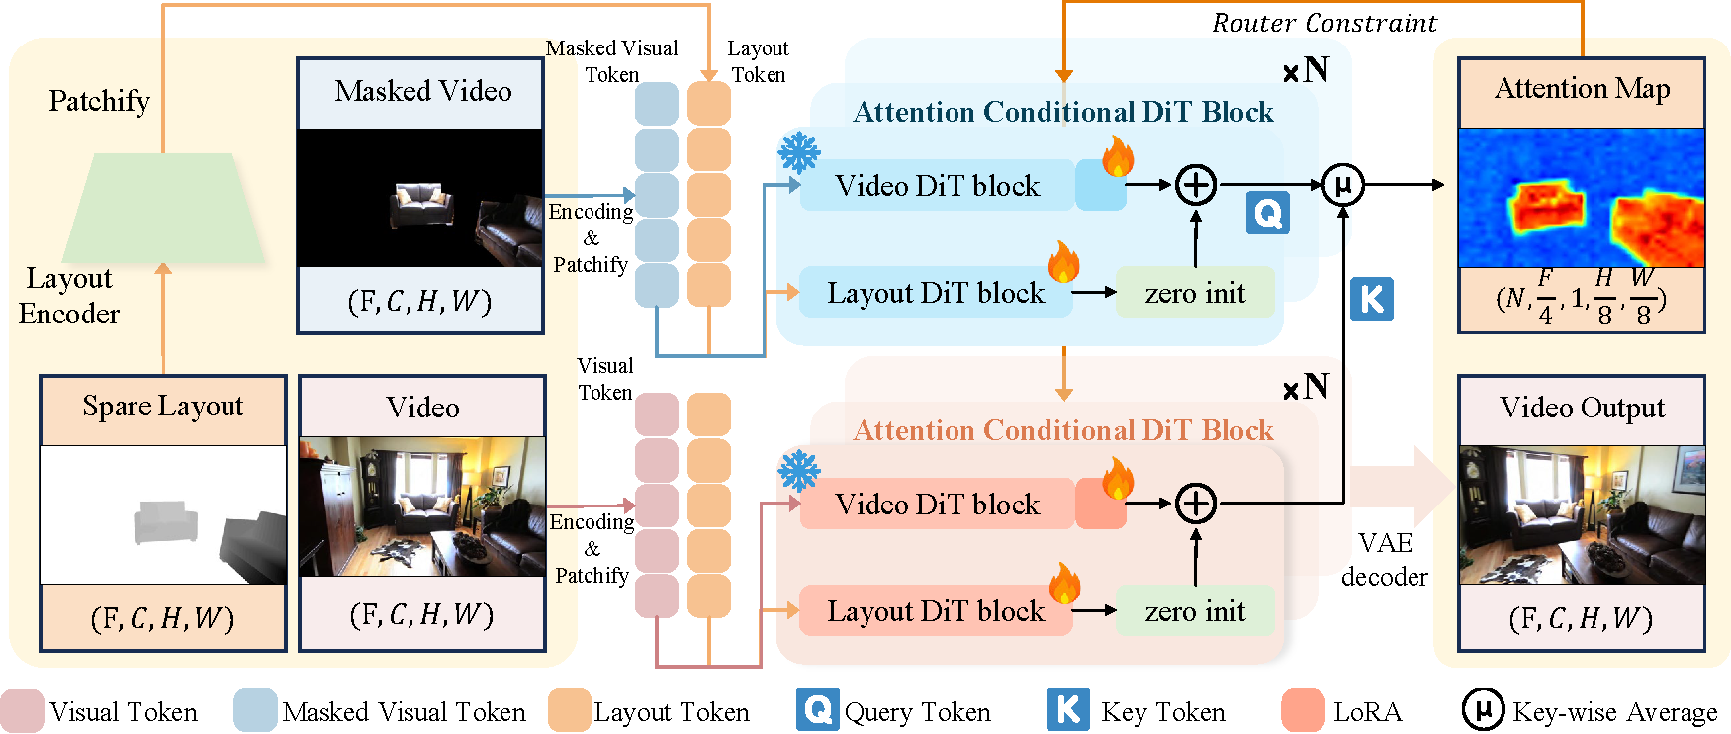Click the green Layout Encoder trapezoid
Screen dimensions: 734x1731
pos(163,208)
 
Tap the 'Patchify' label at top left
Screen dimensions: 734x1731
pos(99,101)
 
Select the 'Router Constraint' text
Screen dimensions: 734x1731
pos(1324,23)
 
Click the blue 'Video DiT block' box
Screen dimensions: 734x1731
pos(937,186)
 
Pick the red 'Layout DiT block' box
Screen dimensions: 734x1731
pos(935,611)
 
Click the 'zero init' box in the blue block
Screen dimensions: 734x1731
pos(1195,293)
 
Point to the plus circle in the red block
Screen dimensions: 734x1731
pos(1196,504)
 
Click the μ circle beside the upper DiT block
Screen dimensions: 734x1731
pos(1343,185)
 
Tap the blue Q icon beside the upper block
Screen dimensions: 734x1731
pos(1267,213)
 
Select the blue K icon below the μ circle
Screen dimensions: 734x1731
pos(1372,299)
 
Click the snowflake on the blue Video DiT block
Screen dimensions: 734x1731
pos(798,153)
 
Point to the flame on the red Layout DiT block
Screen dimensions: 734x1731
pos(1065,584)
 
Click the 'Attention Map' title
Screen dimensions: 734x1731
pos(1582,89)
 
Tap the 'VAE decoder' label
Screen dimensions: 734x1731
pos(1385,560)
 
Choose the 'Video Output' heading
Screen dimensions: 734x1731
pos(1582,408)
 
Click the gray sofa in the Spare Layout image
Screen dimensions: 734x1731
pos(165,521)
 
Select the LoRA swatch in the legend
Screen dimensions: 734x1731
pos(1303,711)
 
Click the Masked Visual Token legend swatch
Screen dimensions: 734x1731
pos(255,711)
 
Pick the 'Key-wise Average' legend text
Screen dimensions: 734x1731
pos(1614,712)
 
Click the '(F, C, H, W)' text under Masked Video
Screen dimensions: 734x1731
pos(419,301)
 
